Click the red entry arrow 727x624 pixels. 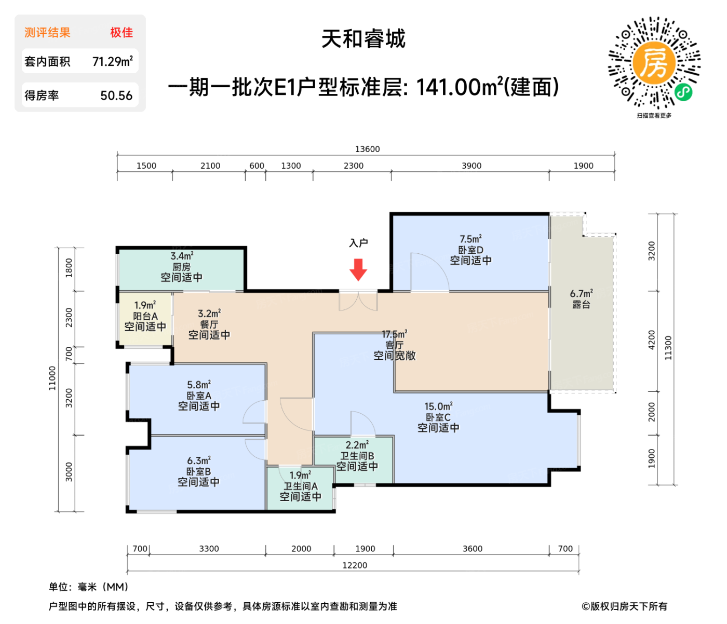pos(358,269)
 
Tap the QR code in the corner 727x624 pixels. pos(654,63)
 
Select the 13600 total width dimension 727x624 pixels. pos(367,149)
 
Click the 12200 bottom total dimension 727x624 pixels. pos(355,565)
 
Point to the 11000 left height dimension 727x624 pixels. pos(52,378)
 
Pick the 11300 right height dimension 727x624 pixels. pos(668,348)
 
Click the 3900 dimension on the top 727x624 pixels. pos(472,166)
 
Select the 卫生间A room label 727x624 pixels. pos(300,486)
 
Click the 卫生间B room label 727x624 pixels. pos(357,456)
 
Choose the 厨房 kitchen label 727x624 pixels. pos(181,267)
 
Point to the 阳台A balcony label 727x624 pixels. pos(145,316)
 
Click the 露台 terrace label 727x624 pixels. pos(581,305)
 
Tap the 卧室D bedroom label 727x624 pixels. pos(470,250)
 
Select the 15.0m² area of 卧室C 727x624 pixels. pos(438,406)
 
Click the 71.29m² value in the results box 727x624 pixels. pos(113,62)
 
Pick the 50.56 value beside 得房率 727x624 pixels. pos(116,96)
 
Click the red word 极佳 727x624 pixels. pos(122,33)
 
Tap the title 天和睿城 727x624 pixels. pos(363,39)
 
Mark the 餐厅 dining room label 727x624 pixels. pos(209,324)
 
